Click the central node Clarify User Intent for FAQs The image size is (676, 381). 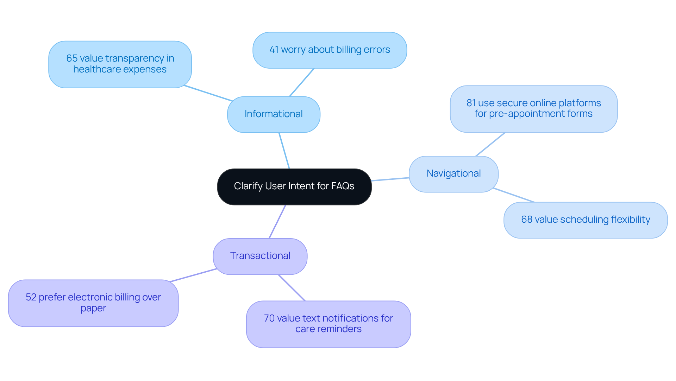[x=294, y=186]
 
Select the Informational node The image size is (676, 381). [x=274, y=114]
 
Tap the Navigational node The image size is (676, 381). [x=453, y=174]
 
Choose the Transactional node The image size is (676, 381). [x=260, y=256]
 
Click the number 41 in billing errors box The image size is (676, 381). [x=274, y=50]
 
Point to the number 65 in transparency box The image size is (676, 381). [x=71, y=58]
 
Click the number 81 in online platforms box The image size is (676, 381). [x=471, y=103]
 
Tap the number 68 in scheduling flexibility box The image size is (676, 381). [x=526, y=220]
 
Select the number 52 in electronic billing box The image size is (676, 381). [x=31, y=298]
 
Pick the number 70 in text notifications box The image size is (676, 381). [x=269, y=319]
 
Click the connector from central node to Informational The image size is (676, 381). [x=284, y=151]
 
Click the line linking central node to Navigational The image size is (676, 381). [x=390, y=179]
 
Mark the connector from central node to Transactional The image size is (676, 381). [x=277, y=222]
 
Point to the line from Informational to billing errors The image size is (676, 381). [x=301, y=82]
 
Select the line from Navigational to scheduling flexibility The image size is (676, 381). [x=513, y=195]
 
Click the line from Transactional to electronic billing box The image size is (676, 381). [x=193, y=275]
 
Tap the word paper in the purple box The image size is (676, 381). [x=93, y=309]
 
